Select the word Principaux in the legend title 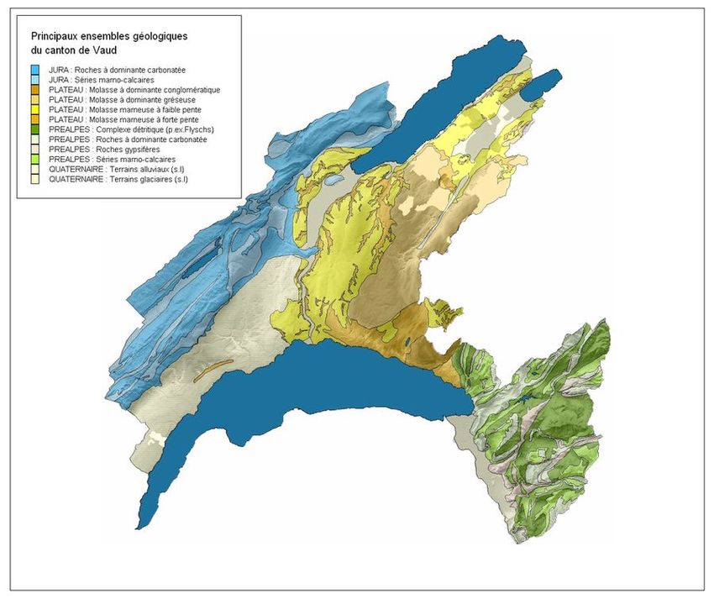tap(56, 37)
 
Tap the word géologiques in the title tap(160, 37)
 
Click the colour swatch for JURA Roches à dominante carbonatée tap(36, 69)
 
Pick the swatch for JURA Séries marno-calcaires tap(36, 79)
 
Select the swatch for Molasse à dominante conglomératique tap(36, 89)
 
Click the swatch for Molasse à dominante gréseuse tap(36, 99)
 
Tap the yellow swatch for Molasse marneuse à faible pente tap(36, 109)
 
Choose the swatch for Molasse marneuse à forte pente tap(36, 119)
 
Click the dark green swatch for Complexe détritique tap(36, 129)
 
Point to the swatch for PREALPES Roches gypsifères tap(36, 150)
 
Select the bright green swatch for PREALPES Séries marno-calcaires tap(36, 160)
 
